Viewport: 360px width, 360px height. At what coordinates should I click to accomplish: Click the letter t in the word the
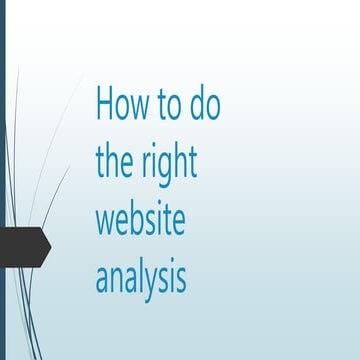(x=100, y=160)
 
